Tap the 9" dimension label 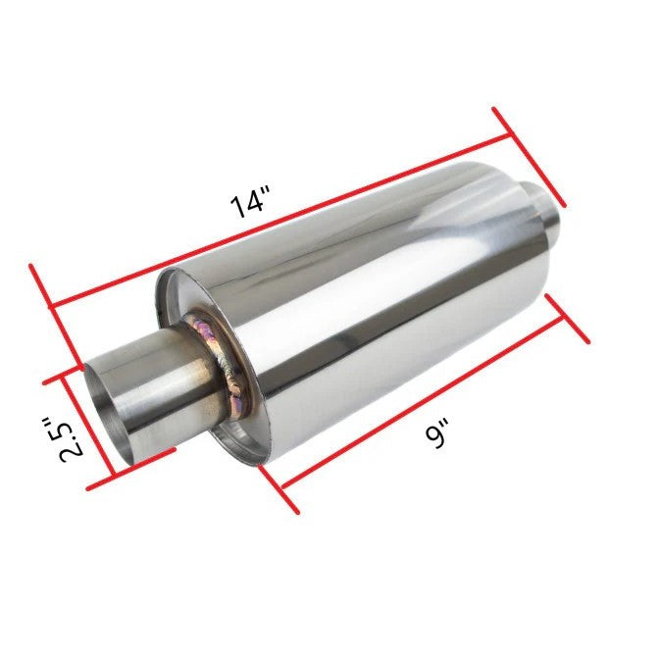pyautogui.click(x=437, y=433)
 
